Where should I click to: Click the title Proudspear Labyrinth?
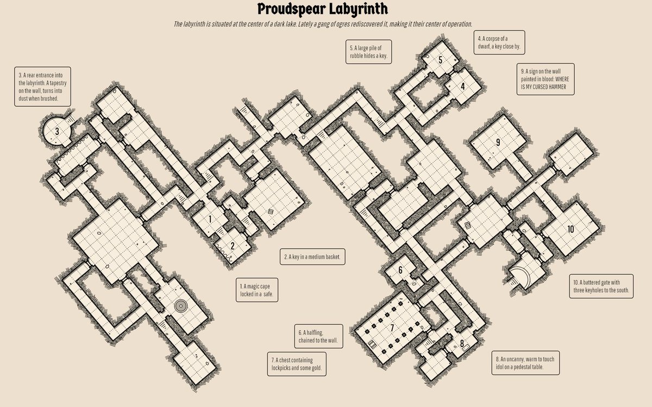(323, 9)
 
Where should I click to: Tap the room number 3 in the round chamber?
(57, 132)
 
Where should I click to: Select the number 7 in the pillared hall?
(392, 328)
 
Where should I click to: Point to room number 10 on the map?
(570, 229)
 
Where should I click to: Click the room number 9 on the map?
(498, 142)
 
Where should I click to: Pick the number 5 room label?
(441, 60)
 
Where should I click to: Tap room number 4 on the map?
(462, 87)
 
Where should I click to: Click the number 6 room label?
(400, 270)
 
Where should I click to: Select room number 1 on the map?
(210, 219)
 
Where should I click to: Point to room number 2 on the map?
(233, 246)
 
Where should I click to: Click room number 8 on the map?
(462, 344)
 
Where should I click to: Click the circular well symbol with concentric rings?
(180, 306)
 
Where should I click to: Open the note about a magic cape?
(256, 290)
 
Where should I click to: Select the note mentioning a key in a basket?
(312, 257)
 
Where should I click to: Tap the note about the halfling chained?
(318, 336)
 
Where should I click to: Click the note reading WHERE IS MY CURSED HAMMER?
(546, 79)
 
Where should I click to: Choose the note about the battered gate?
(601, 286)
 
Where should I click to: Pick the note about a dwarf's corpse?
(499, 42)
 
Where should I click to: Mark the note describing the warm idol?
(525, 363)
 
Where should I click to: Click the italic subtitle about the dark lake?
(323, 24)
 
